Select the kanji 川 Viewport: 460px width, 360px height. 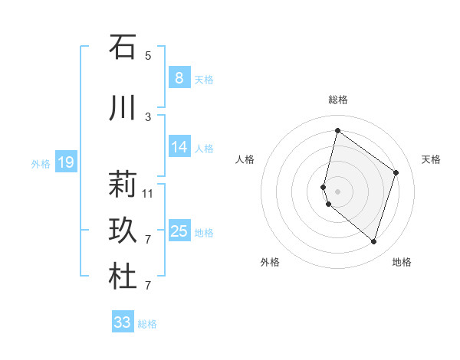(x=122, y=108)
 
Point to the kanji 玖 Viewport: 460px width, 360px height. (x=122, y=231)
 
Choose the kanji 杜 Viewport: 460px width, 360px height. (x=122, y=277)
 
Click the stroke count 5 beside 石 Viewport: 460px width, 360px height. (x=148, y=55)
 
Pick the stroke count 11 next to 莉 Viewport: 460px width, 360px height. (x=148, y=193)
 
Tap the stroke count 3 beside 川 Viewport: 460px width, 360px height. (x=148, y=116)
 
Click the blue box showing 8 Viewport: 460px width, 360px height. (x=179, y=78)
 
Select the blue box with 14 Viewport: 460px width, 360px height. (x=179, y=147)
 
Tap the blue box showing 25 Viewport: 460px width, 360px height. (x=179, y=231)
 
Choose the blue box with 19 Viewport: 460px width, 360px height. (x=65, y=162)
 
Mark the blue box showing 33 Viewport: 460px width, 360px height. (x=122, y=322)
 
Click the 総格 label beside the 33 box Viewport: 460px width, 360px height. (x=147, y=324)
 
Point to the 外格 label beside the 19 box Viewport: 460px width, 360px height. (x=41, y=163)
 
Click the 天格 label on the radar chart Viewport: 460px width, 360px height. (x=431, y=159)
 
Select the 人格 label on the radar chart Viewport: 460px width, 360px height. (x=245, y=159)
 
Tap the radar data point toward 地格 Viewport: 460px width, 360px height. (x=373, y=242)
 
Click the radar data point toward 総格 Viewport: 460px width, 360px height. (x=337, y=131)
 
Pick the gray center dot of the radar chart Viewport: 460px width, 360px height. (x=337, y=191)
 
